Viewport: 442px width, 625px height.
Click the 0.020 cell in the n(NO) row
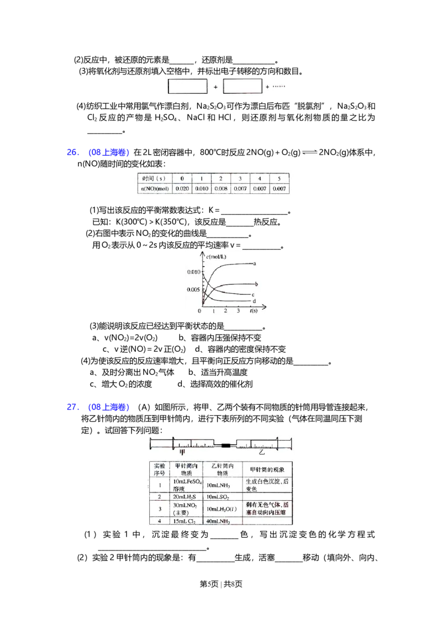coord(182,189)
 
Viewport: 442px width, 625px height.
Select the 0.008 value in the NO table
coord(220,189)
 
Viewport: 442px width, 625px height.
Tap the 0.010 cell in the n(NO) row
coord(201,189)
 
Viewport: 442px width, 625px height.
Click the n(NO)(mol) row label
coord(154,189)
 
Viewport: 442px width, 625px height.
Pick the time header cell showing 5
coord(278,178)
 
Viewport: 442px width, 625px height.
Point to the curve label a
coord(255,263)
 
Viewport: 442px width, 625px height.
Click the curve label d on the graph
coord(254,301)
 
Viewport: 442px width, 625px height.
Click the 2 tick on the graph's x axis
coord(225,311)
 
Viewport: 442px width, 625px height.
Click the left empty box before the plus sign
coord(188,87)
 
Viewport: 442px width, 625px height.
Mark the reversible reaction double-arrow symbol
coord(309,152)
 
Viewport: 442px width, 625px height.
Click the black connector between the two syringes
coord(225,444)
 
